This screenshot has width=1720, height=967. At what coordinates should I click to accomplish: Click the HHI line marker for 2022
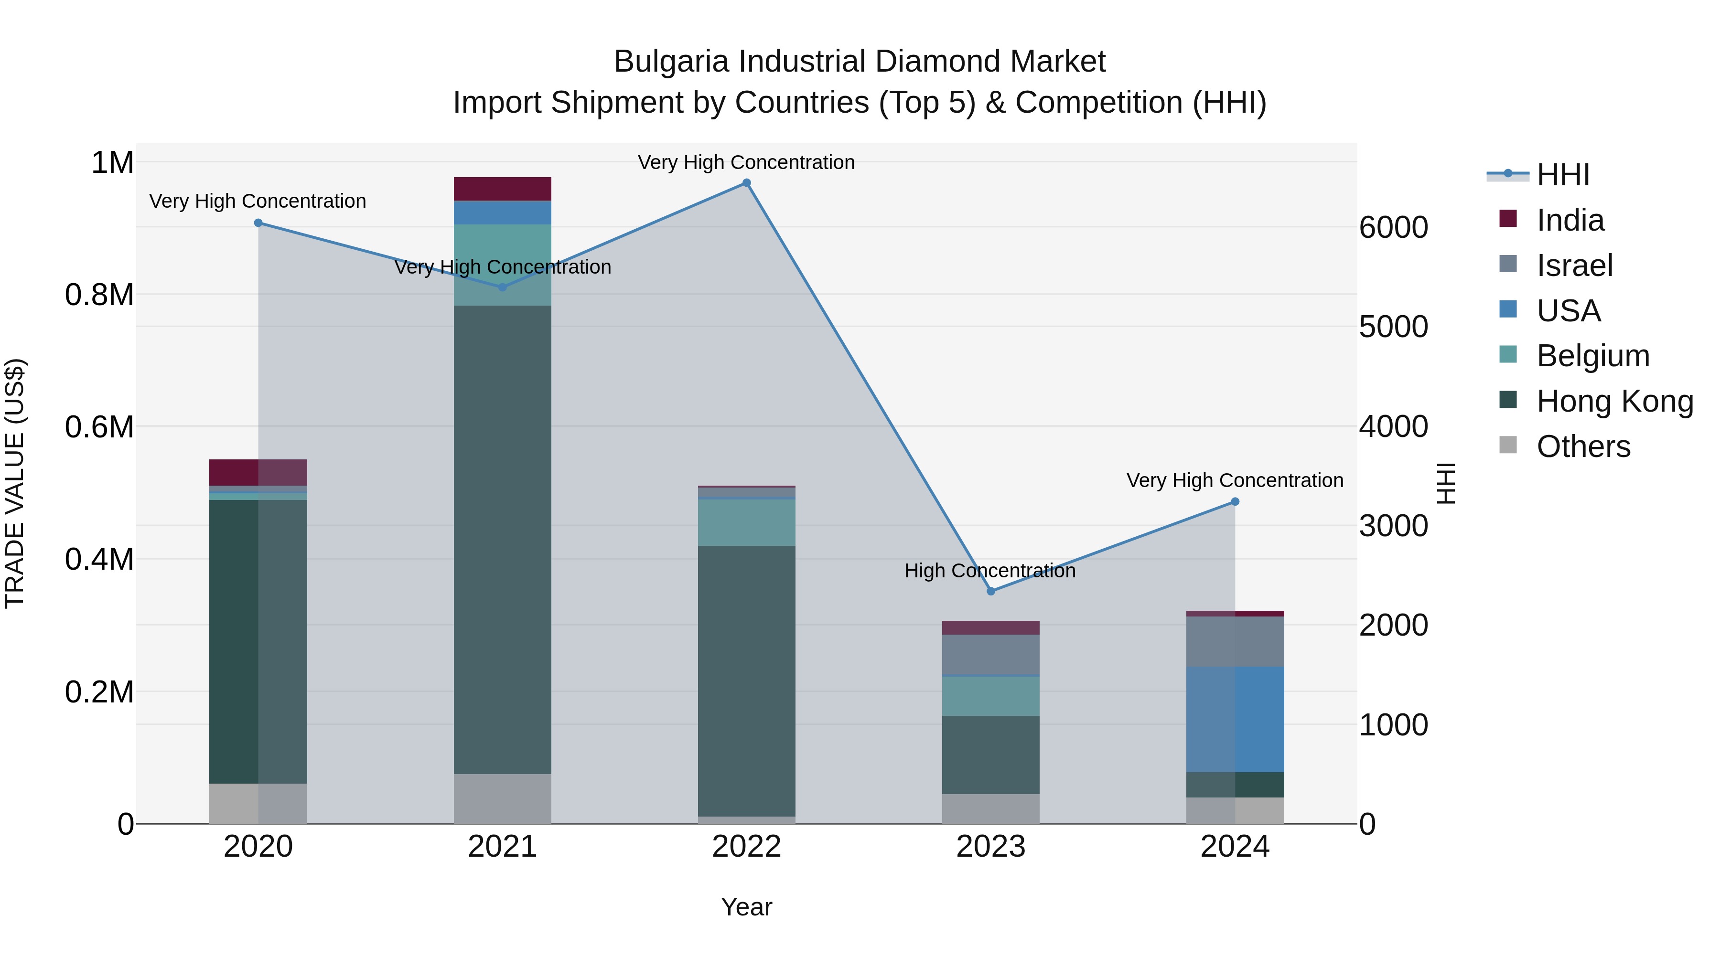point(746,183)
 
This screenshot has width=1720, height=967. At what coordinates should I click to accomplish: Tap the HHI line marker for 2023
point(991,591)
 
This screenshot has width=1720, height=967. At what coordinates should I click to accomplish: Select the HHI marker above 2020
point(258,223)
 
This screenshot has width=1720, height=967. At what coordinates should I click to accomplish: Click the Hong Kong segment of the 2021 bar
point(502,539)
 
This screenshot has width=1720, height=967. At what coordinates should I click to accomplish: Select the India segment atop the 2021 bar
point(502,189)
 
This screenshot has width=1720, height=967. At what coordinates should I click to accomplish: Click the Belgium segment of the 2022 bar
point(746,522)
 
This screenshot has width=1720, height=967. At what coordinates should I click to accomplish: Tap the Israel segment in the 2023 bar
point(991,655)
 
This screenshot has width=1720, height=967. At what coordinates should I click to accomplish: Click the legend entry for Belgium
point(1592,356)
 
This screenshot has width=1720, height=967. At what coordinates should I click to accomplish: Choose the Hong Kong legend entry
point(1614,401)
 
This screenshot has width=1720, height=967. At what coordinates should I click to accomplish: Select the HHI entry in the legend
point(1562,175)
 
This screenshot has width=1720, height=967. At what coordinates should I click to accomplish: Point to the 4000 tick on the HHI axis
point(1394,426)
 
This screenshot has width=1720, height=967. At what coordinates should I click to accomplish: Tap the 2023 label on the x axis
point(991,846)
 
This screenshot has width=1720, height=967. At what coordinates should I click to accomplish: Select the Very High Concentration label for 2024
point(1235,480)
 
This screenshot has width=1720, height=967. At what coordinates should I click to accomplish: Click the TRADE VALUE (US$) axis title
point(15,483)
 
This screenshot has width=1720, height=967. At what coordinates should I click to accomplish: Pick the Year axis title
point(746,907)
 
